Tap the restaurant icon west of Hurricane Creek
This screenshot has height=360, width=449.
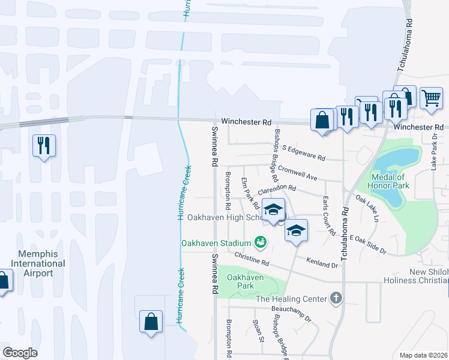(x=44, y=146)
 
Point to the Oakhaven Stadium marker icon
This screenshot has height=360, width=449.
(x=260, y=242)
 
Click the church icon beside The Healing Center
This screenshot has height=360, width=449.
(x=336, y=298)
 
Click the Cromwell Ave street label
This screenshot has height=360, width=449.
(x=298, y=174)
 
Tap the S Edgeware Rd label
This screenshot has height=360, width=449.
(x=303, y=153)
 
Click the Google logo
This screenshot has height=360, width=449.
(x=20, y=353)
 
